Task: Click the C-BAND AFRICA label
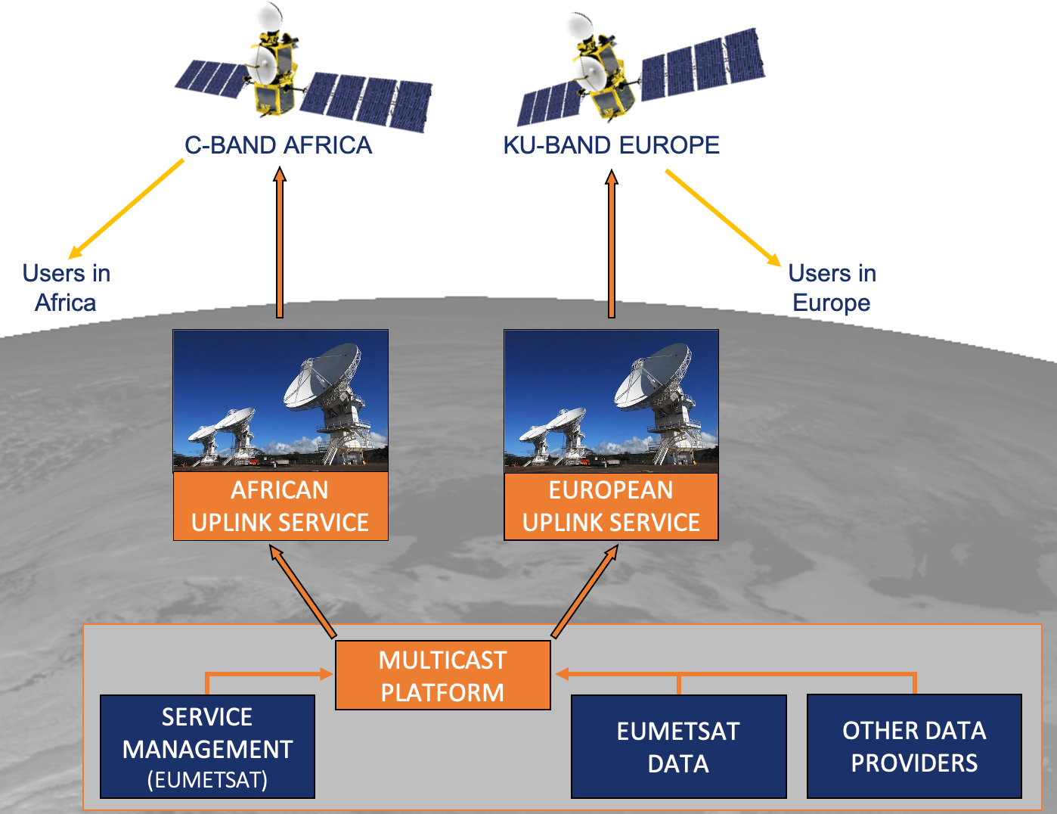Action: (x=278, y=145)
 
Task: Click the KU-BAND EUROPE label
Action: (x=611, y=145)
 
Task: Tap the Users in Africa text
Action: (x=66, y=287)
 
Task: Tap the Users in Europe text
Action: (x=832, y=287)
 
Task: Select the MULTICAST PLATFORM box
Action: (x=442, y=676)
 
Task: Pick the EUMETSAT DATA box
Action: (x=678, y=747)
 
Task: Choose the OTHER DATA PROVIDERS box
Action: (x=914, y=747)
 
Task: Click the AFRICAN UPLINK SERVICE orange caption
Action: (x=281, y=506)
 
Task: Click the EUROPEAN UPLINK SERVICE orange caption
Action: (x=611, y=506)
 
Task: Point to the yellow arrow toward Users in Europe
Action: (x=722, y=217)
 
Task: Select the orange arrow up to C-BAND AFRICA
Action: (x=280, y=242)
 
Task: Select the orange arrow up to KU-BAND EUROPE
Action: (x=612, y=242)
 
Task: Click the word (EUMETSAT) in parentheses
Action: (x=207, y=780)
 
